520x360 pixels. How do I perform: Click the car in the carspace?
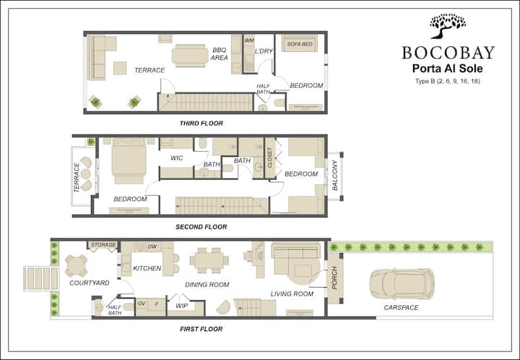point(402,283)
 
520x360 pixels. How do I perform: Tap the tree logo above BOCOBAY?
point(448,26)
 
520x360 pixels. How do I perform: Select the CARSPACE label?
point(402,307)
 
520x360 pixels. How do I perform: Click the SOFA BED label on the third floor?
point(300,44)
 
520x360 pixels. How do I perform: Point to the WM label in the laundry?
point(249,40)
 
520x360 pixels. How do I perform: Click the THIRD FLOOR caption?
point(201,124)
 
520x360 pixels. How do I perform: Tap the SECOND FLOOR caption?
point(201,227)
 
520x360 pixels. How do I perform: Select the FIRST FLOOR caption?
point(201,329)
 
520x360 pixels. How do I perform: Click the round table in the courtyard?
point(77,266)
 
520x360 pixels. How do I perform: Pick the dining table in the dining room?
point(209,260)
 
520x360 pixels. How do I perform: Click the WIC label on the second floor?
point(176,158)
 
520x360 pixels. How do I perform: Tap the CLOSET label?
point(269,157)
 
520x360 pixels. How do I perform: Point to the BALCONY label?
point(334,176)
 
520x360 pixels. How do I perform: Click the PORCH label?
point(334,278)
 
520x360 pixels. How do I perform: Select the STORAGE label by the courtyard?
point(103,245)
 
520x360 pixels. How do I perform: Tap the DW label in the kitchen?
point(152,247)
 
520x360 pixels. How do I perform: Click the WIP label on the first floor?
point(182,306)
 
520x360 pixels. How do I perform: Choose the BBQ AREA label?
point(220,53)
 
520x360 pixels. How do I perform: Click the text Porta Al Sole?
point(447,69)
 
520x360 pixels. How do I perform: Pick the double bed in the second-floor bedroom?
point(129,161)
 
